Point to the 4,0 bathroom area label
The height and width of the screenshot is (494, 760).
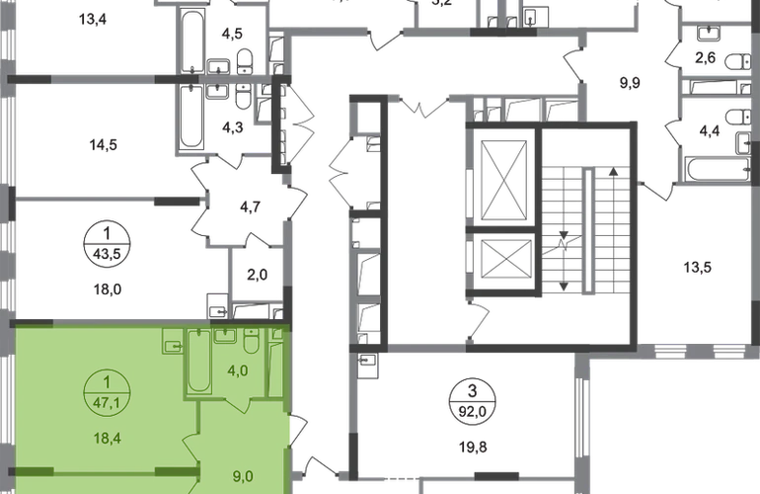(x=237, y=370)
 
